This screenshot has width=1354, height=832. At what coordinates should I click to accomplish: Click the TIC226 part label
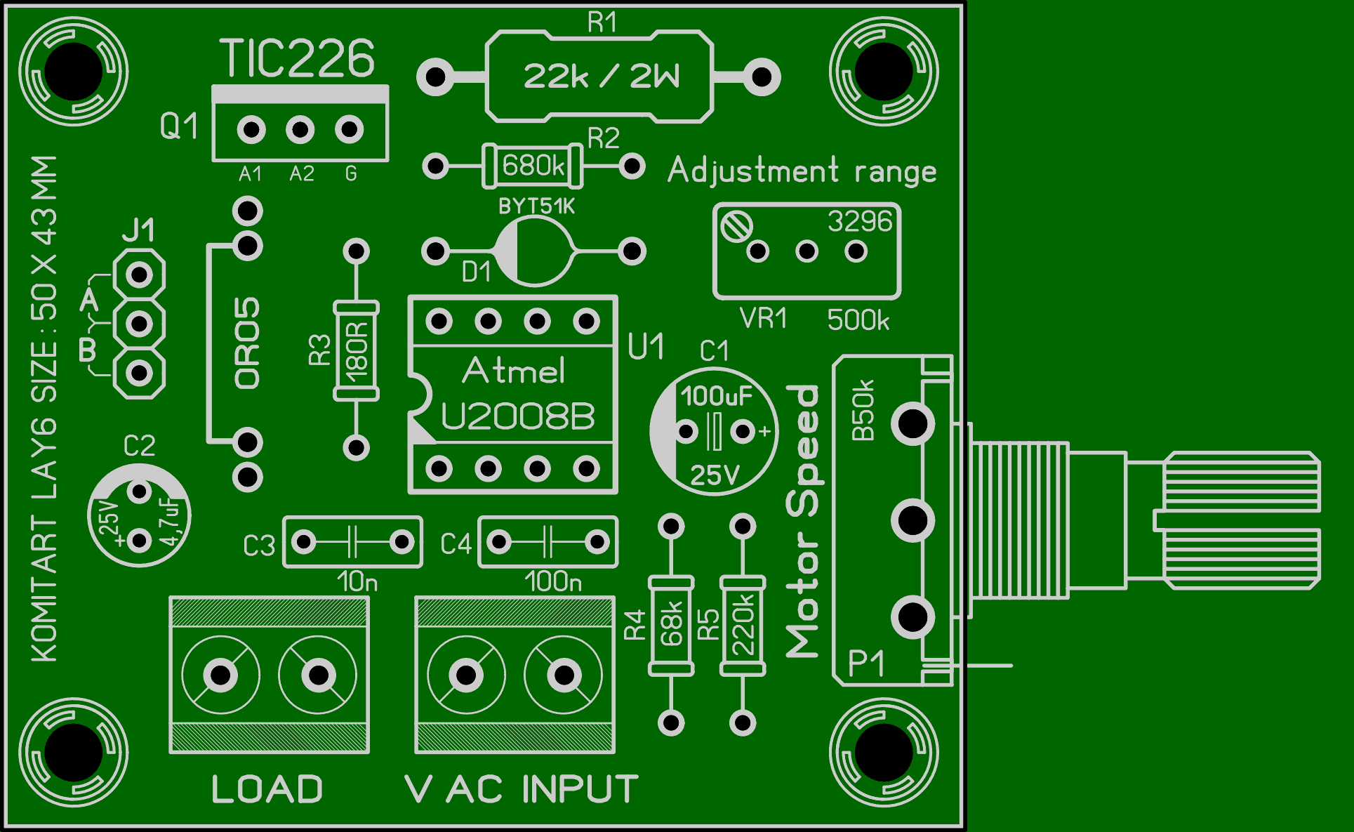pyautogui.click(x=298, y=58)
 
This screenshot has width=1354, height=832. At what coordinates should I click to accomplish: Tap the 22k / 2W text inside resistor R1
pyautogui.click(x=601, y=76)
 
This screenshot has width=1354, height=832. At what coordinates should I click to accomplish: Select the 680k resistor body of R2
pyautogui.click(x=533, y=166)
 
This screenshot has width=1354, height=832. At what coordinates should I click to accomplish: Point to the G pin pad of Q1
pyautogui.click(x=350, y=129)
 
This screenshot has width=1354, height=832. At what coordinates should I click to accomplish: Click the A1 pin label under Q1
pyautogui.click(x=251, y=173)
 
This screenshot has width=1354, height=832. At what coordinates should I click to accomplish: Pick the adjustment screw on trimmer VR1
pyautogui.click(x=737, y=227)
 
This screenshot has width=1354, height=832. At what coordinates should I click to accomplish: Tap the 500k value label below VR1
pyautogui.click(x=858, y=320)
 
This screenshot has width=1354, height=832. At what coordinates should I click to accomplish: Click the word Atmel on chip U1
pyautogui.click(x=514, y=371)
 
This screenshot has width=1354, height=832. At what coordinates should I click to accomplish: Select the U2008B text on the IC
pyautogui.click(x=518, y=416)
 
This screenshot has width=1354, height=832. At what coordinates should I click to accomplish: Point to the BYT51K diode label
pyautogui.click(x=536, y=206)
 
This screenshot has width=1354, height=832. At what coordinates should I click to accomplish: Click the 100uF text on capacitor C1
pyautogui.click(x=716, y=396)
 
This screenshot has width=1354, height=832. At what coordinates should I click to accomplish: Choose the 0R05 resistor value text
pyautogui.click(x=248, y=343)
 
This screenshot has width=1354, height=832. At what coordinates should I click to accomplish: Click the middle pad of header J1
pyautogui.click(x=140, y=324)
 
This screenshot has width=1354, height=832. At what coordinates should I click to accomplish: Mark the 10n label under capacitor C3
pyautogui.click(x=357, y=581)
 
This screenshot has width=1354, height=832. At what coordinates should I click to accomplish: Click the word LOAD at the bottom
pyautogui.click(x=267, y=789)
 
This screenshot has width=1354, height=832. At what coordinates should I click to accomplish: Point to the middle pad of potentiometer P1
pyautogui.click(x=912, y=520)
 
